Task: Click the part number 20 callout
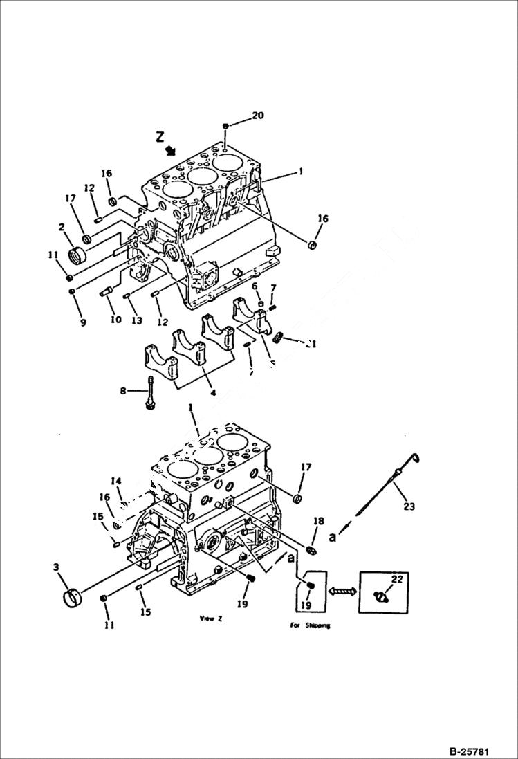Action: click(x=257, y=116)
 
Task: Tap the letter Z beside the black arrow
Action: click(x=160, y=137)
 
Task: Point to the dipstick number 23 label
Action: click(x=409, y=506)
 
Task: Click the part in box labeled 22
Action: click(x=380, y=596)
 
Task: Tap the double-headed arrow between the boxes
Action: click(x=340, y=591)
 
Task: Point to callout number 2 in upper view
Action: click(x=62, y=228)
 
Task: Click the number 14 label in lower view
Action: click(x=116, y=480)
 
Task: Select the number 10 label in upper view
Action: click(x=114, y=319)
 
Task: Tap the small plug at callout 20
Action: click(x=225, y=125)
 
